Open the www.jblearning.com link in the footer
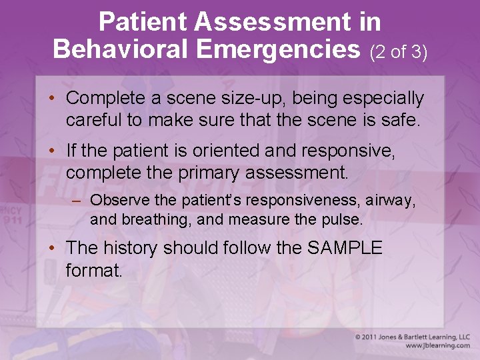(x=437, y=346)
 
